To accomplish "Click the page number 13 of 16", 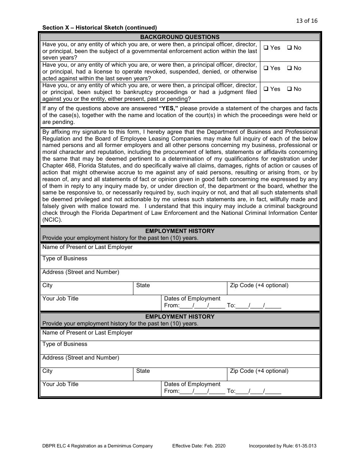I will click(x=307, y=21).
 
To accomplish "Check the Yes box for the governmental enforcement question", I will click(x=266, y=48).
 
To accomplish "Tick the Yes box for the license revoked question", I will click(x=266, y=68).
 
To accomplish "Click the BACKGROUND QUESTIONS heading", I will click(x=180, y=37).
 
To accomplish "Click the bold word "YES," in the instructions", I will click(x=168, y=108).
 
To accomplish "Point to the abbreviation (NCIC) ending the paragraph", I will click(x=52, y=220).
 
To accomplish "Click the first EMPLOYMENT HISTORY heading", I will click(x=180, y=231).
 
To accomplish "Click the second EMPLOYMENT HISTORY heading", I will click(x=180, y=317).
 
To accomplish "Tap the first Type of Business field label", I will click(x=65, y=258).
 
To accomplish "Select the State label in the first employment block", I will click(x=143, y=285).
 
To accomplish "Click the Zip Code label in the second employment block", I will click(x=259, y=371).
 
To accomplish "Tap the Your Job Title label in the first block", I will click(x=60, y=299).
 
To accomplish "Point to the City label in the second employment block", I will click(x=47, y=371).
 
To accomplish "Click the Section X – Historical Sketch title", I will click(x=99, y=28).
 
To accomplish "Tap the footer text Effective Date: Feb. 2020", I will click(x=199, y=446).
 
